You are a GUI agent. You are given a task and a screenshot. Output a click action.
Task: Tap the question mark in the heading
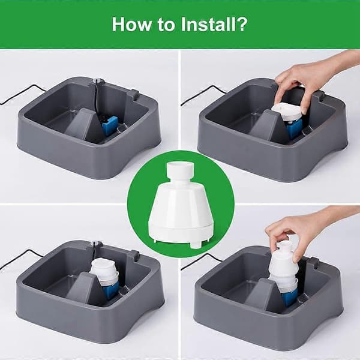tap(242, 24)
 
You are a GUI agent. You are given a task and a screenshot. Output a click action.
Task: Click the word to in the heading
tap(166, 25)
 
